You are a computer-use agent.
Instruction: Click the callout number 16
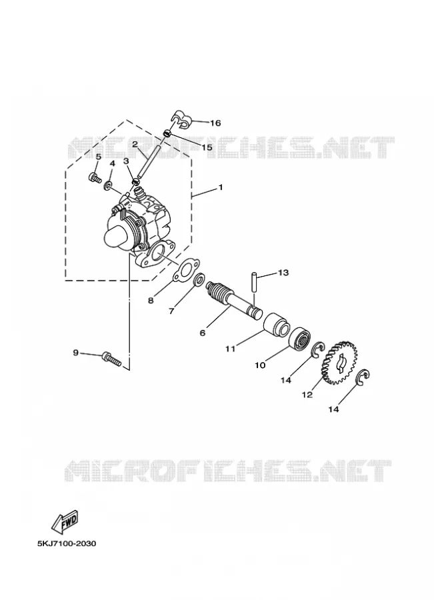[x=215, y=123]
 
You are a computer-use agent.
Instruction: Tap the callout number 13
[x=283, y=273]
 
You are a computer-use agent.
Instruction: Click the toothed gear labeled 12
[x=340, y=363]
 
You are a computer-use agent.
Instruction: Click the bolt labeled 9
[x=111, y=359]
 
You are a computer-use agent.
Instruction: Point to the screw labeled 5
[x=95, y=177]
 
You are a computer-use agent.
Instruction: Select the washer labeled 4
[x=108, y=187]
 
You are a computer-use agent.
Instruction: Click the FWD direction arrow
[x=65, y=522]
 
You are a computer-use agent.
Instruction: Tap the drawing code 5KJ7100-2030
[x=67, y=543]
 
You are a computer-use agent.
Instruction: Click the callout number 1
[x=221, y=187]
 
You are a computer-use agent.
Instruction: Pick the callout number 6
[x=203, y=333]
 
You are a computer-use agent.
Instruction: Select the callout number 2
[x=135, y=144]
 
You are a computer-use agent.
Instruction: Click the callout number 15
[x=207, y=147]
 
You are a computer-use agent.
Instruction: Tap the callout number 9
[x=75, y=353]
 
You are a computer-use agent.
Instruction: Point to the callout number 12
[x=307, y=395]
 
